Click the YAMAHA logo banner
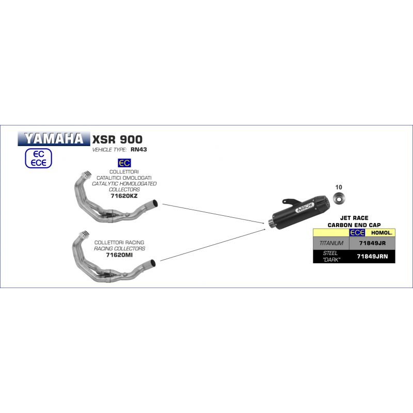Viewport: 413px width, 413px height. click(54, 138)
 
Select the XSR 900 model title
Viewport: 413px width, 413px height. click(117, 139)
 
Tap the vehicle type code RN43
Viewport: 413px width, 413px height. click(138, 150)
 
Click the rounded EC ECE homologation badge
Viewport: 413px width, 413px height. click(38, 158)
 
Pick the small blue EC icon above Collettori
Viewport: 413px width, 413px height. click(124, 163)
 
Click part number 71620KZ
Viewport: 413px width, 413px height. click(124, 196)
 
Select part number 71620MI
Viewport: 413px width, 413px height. click(119, 255)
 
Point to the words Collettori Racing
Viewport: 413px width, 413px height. click(119, 242)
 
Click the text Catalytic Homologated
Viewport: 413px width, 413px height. click(124, 184)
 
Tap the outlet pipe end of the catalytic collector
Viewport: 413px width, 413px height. click(155, 203)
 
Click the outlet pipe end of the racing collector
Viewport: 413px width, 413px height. click(153, 263)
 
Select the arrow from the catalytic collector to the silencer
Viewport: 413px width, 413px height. click(213, 214)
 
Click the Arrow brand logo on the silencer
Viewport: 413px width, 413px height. click(305, 208)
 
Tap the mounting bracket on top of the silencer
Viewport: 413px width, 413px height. click(292, 202)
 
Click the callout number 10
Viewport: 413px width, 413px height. click(339, 187)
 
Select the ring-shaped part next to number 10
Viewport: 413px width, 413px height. click(339, 198)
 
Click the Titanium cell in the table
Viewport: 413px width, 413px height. click(331, 243)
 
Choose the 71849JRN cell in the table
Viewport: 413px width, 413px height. click(372, 257)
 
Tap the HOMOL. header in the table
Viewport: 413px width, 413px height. click(382, 233)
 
